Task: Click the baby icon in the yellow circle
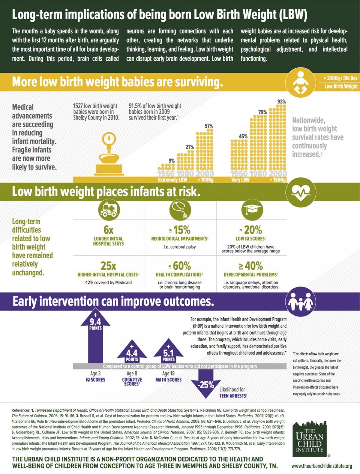(x=300, y=82)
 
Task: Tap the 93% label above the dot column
(x=282, y=102)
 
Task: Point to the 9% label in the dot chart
(x=171, y=160)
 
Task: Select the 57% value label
(x=209, y=126)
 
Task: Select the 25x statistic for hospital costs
(x=108, y=266)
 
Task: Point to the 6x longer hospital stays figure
(x=108, y=229)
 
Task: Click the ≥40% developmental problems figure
(x=250, y=266)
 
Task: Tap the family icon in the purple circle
(x=300, y=301)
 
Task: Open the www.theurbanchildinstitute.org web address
(x=321, y=466)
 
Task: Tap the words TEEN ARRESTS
(x=233, y=396)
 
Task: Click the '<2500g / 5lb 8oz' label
(x=340, y=78)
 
